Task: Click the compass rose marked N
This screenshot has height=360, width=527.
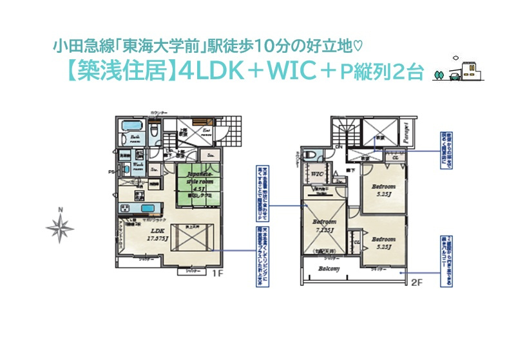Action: [60, 226]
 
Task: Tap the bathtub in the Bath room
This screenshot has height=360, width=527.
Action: [131, 125]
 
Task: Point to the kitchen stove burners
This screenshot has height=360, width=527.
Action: [124, 208]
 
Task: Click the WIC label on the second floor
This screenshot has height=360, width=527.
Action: [316, 174]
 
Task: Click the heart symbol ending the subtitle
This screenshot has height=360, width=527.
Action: [359, 46]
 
